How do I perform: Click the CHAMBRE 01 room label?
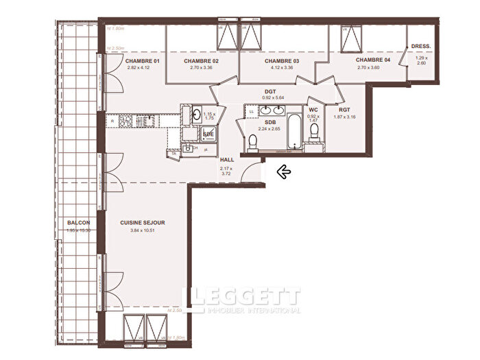pyautogui.click(x=142, y=61)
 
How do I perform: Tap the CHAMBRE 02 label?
pyautogui.click(x=201, y=61)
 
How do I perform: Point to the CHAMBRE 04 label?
pyautogui.click(x=372, y=60)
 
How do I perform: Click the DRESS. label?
pyautogui.click(x=421, y=47)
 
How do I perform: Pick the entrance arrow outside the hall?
pyautogui.click(x=282, y=172)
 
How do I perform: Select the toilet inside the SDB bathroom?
pyautogui.click(x=252, y=143)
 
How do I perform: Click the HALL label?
pyautogui.click(x=227, y=160)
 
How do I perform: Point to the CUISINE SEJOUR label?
pyautogui.click(x=143, y=223)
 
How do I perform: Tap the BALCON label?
pyautogui.click(x=79, y=223)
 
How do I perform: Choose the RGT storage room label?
pyautogui.click(x=344, y=109)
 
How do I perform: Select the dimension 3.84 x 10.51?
pyautogui.click(x=143, y=230)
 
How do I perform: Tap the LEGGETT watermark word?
pyautogui.click(x=244, y=298)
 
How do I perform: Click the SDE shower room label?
pyautogui.click(x=208, y=134)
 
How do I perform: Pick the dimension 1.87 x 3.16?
pyautogui.click(x=344, y=117)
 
